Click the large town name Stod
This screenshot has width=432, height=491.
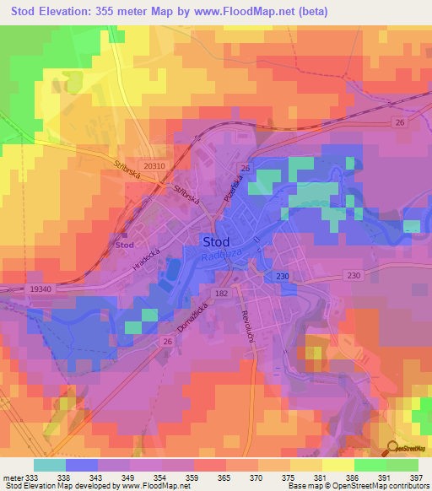tap(217, 242)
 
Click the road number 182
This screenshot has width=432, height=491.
tap(222, 293)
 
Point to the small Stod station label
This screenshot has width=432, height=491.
tap(125, 245)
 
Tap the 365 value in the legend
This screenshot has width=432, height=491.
tap(224, 478)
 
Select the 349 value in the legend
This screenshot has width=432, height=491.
tap(128, 478)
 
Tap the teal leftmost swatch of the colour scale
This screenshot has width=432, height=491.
tap(49, 465)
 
